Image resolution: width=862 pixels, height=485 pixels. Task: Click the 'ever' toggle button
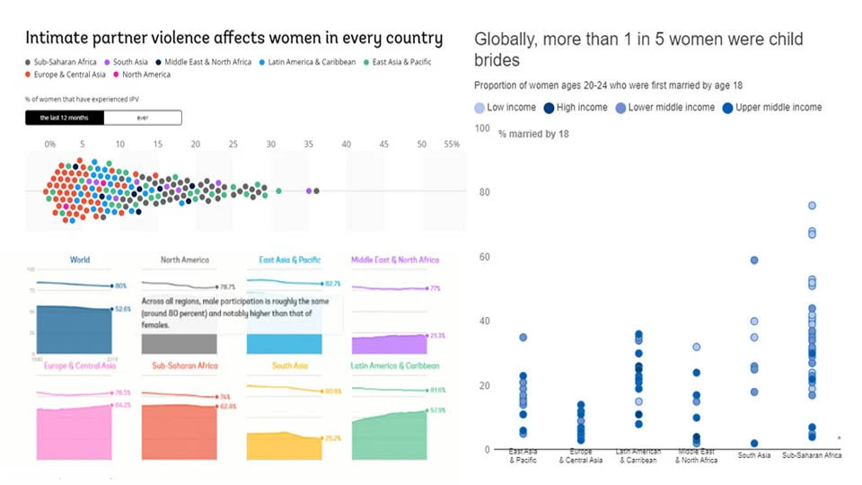point(143,118)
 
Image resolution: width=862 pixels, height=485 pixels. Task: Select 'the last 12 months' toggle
point(65,118)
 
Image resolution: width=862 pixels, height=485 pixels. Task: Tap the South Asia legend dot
point(109,62)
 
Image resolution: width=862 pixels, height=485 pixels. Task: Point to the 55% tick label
point(452,144)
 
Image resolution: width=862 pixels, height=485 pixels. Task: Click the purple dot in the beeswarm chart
point(308,191)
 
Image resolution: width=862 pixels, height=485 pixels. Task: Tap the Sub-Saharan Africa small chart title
point(185,366)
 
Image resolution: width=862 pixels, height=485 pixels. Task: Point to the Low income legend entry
point(504,108)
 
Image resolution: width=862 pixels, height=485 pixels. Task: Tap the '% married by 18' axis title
point(533,134)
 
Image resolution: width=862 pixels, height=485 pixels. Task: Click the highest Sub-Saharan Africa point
point(812,206)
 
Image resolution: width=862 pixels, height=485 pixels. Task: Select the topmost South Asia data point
point(754,260)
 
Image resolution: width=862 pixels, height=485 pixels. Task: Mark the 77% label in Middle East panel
point(435,289)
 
